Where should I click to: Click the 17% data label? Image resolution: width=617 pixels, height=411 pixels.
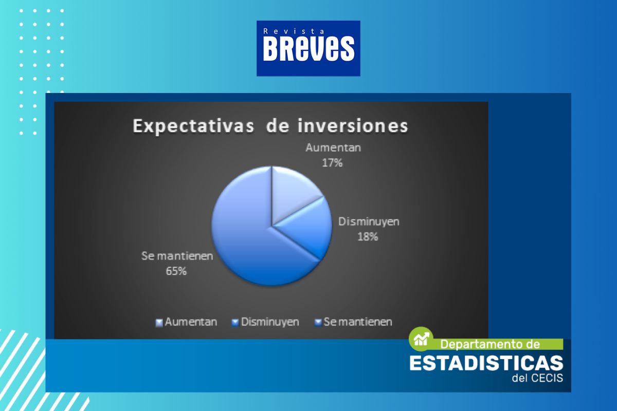pyautogui.click(x=332, y=163)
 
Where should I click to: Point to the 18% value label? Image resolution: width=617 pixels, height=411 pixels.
pyautogui.click(x=368, y=237)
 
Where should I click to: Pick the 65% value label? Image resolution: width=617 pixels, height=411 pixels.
pyautogui.click(x=176, y=271)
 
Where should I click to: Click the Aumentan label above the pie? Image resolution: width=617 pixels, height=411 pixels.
pyautogui.click(x=333, y=148)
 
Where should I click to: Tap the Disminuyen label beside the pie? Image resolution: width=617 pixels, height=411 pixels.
pyautogui.click(x=369, y=221)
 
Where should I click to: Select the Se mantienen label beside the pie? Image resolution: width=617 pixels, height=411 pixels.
pyautogui.click(x=177, y=256)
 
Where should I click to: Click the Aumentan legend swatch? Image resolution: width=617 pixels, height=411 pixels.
pyautogui.click(x=159, y=323)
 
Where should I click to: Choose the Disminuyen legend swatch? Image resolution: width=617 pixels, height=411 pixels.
pyautogui.click(x=235, y=323)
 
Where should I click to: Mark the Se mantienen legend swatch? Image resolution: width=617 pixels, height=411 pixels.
pyautogui.click(x=318, y=323)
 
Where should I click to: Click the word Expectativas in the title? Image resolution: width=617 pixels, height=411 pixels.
pyautogui.click(x=193, y=126)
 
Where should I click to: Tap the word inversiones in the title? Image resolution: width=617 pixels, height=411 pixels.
pyautogui.click(x=353, y=126)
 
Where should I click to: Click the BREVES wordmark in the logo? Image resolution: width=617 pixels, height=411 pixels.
pyautogui.click(x=308, y=49)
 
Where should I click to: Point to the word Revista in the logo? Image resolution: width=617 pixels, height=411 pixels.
pyautogui.click(x=294, y=31)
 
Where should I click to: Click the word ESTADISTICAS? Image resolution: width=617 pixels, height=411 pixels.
pyautogui.click(x=486, y=363)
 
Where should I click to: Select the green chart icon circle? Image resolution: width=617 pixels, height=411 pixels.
pyautogui.click(x=421, y=339)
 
